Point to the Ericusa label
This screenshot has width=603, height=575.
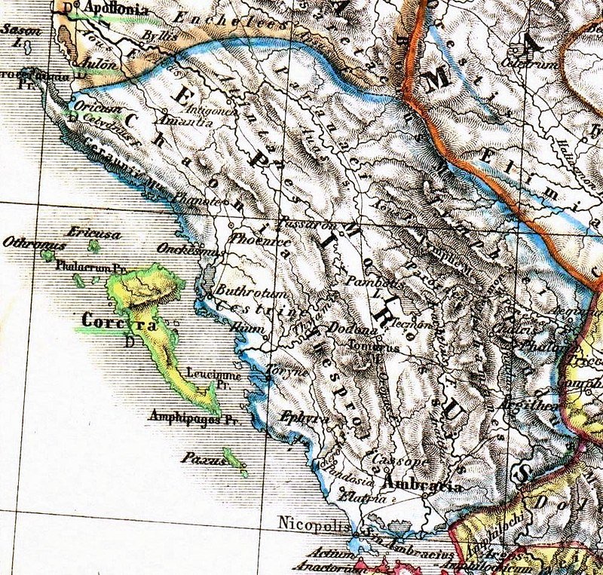pos(93,234)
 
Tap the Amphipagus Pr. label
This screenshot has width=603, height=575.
pos(194,421)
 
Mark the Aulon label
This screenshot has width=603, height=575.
pos(99,66)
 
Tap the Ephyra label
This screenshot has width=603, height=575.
pos(297,415)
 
